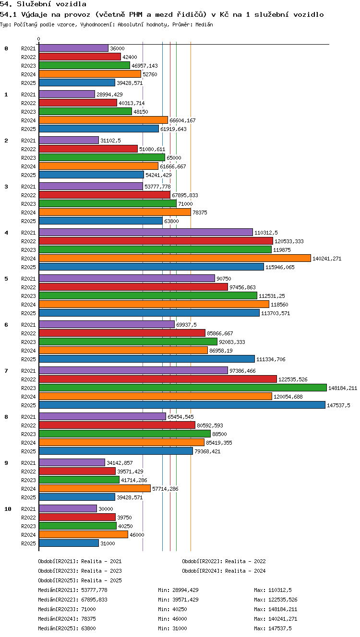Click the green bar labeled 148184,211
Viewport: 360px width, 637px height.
(183, 388)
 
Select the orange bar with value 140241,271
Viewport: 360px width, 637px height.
(175, 258)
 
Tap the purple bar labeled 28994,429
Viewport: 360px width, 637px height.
(67, 94)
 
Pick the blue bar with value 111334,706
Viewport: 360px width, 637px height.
(147, 359)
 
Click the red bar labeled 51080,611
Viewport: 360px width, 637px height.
(88, 149)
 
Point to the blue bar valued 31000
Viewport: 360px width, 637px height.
(69, 543)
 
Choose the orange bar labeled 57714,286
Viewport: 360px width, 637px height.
(95, 489)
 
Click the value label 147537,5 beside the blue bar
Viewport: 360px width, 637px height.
(338, 405)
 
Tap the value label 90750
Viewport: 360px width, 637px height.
(224, 279)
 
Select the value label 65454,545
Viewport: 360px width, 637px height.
(180, 417)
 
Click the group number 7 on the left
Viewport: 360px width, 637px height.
(6, 371)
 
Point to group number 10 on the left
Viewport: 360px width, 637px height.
(8, 509)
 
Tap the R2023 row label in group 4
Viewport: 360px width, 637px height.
(28, 250)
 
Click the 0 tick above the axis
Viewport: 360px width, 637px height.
(39, 39)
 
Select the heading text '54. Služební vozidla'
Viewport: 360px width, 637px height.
(43, 4)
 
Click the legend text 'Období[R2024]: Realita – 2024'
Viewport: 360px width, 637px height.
(224, 571)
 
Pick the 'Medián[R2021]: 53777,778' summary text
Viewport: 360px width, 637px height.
(72, 590)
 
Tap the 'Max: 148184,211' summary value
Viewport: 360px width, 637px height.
(276, 609)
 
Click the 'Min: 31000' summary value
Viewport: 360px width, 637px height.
(172, 628)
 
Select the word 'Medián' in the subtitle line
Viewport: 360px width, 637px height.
(204, 24)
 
